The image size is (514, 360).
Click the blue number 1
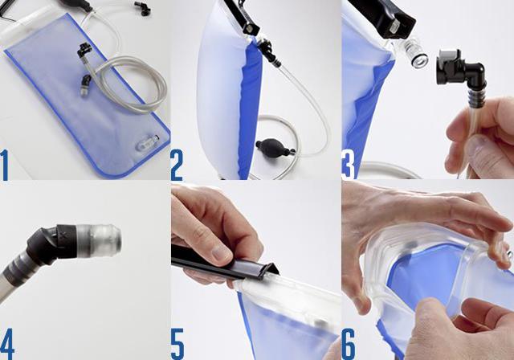pyautogui.click(x=5, y=165)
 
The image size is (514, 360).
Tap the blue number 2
pyautogui.click(x=177, y=165)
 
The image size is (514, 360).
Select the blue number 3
pyautogui.click(x=348, y=165)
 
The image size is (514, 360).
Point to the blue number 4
pyautogui.click(x=7, y=344)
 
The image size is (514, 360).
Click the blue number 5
pyautogui.click(x=177, y=344)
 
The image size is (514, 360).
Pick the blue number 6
pyautogui.click(x=349, y=344)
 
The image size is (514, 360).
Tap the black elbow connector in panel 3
pyautogui.click(x=459, y=78)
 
